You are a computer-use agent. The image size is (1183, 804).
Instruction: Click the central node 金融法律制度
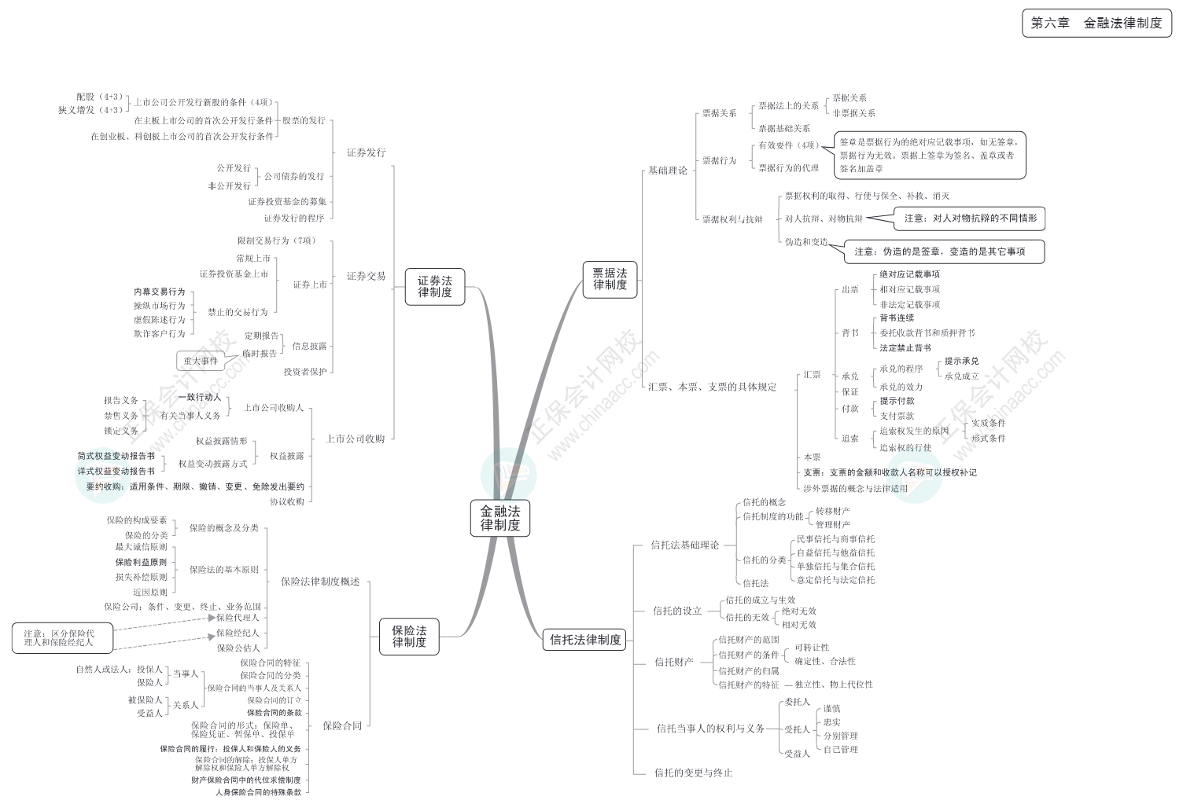pos(500,518)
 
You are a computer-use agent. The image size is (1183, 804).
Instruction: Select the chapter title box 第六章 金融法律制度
pos(1096,24)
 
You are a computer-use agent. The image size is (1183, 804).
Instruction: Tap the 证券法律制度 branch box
pos(435,286)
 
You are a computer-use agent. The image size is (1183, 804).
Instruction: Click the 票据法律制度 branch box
pos(610,279)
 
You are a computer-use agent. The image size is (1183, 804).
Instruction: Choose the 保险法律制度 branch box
pos(409,637)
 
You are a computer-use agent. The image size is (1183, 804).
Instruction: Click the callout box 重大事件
pos(201,361)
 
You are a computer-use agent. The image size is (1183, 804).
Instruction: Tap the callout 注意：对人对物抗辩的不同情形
pos(970,218)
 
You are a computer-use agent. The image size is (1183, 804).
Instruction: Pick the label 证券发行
pos(367,152)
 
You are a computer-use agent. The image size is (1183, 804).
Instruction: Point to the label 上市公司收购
pos(356,439)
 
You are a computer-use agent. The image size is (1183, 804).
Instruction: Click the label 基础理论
pos(668,170)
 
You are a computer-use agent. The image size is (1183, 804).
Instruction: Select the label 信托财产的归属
pos(749,670)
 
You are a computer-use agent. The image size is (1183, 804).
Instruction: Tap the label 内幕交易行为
pos(160,292)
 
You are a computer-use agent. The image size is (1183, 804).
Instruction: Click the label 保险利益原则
pos(141,562)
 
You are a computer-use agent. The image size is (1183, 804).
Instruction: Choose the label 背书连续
pos(897,318)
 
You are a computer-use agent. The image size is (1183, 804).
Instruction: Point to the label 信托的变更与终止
pos(693,773)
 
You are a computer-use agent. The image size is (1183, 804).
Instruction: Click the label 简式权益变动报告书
pos(116,456)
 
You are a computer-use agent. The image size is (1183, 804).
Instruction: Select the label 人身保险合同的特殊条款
pos(258,792)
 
